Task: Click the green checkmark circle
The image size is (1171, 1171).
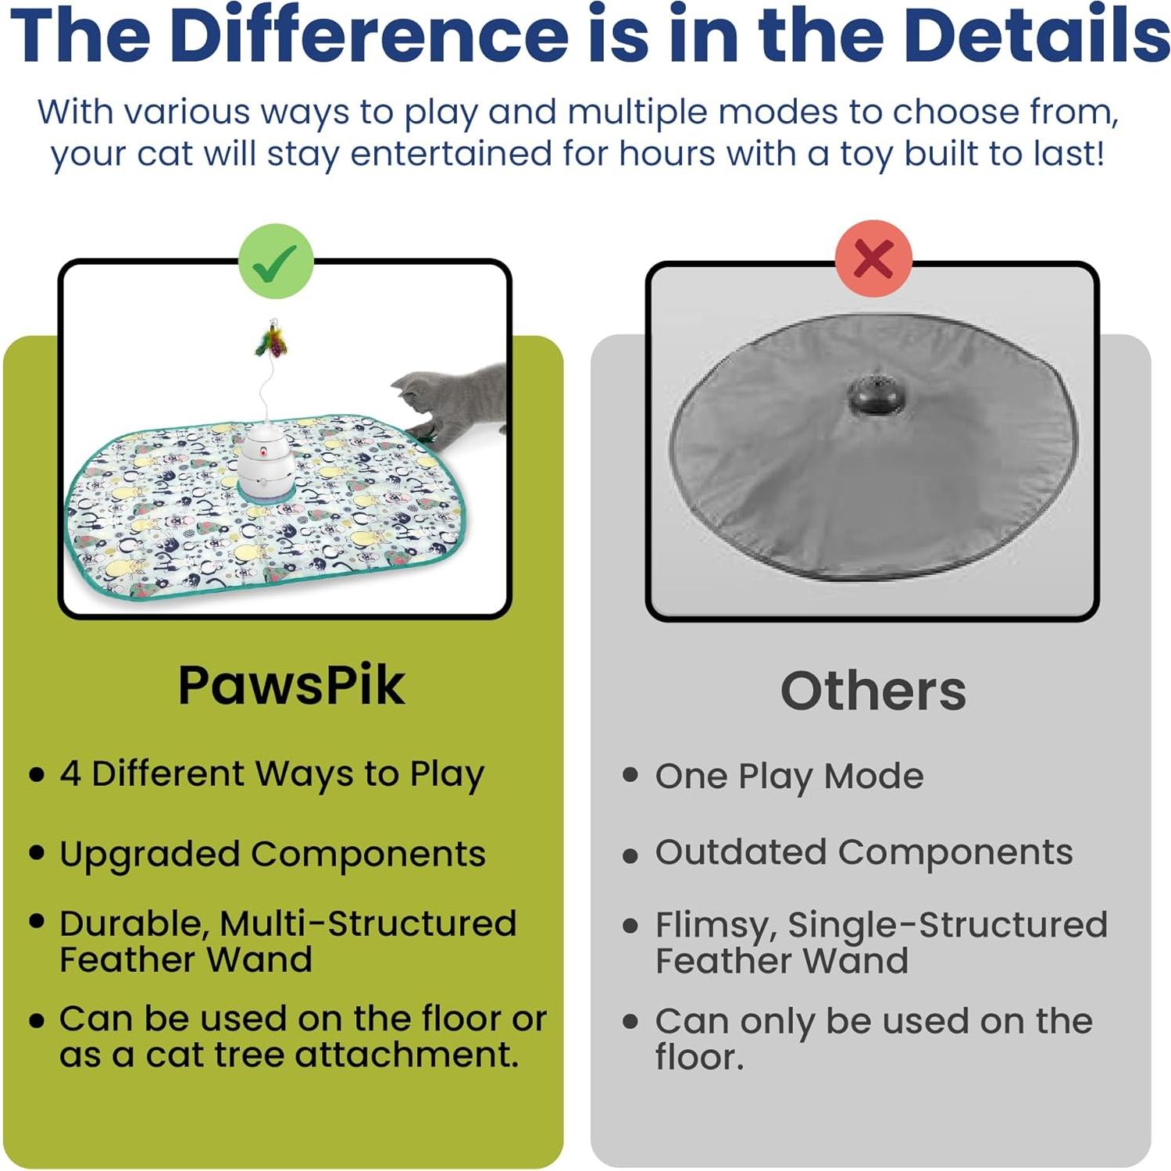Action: (x=277, y=262)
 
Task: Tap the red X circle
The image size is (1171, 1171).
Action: (x=873, y=259)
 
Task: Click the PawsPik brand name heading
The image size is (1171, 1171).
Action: (x=291, y=686)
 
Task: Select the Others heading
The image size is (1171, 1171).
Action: (x=873, y=691)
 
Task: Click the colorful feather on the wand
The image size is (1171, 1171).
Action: (x=272, y=342)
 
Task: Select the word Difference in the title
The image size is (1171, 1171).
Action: (x=368, y=35)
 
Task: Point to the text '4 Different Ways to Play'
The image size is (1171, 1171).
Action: (x=272, y=774)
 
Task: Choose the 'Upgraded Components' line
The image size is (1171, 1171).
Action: (x=272, y=854)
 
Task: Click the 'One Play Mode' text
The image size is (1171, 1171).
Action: (x=789, y=777)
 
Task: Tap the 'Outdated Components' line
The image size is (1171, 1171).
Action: (x=863, y=852)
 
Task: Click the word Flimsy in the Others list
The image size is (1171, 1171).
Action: (x=715, y=926)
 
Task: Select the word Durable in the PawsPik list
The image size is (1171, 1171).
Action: (x=133, y=924)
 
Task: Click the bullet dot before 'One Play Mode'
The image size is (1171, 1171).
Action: (x=630, y=775)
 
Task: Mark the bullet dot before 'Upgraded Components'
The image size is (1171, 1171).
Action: (x=36, y=852)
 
